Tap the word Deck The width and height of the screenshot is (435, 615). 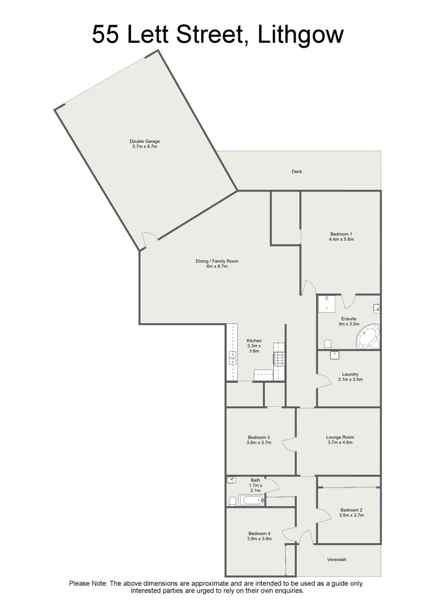pos(297,171)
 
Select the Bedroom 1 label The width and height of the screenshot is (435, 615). pos(341,234)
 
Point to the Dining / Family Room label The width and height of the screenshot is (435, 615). pos(217,261)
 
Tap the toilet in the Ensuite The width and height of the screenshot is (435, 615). pos(327,344)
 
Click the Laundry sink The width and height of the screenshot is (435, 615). pos(335,355)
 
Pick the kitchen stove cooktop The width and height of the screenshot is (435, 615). pos(279,359)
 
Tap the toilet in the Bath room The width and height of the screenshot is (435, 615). pos(232,501)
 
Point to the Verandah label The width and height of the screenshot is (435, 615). pos(336,560)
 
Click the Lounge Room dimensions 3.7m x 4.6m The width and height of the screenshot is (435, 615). pos(340,442)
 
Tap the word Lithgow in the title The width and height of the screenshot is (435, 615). pos(301,35)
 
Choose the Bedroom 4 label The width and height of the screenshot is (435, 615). pos(258,534)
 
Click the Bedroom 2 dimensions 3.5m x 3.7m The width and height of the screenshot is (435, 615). pos(351,515)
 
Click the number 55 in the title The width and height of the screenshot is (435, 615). pos(106,35)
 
